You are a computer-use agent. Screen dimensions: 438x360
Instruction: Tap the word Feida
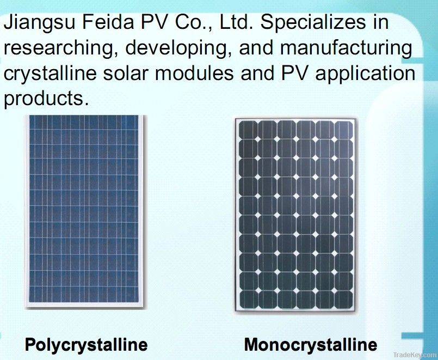tap(108, 22)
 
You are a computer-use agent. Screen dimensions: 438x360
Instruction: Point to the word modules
tap(194, 73)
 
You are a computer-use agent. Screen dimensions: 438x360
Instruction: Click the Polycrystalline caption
tap(87, 345)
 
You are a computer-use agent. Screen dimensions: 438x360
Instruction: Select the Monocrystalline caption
tap(311, 345)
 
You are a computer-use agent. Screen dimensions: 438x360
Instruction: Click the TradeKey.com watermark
tap(415, 355)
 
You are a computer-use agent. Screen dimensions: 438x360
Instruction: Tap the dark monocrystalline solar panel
tap(296, 215)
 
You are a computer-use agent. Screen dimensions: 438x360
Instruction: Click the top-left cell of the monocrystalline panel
tap(248, 130)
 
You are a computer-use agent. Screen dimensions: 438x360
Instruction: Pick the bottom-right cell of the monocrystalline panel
tap(343, 300)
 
